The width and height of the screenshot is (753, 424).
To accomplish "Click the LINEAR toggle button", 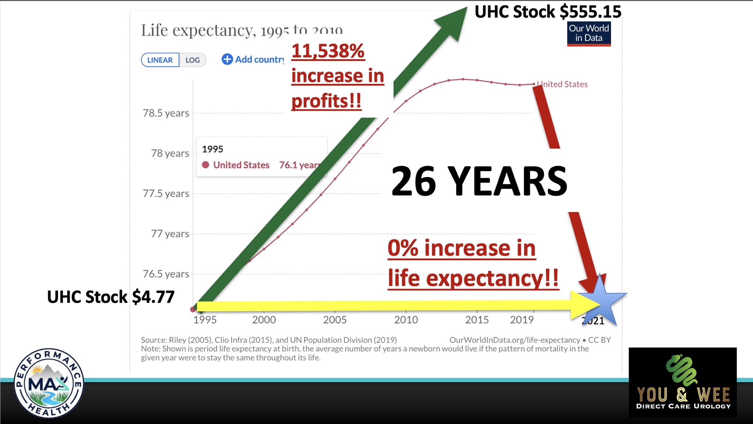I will click(160, 60).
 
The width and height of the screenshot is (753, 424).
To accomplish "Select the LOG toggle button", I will click(192, 60).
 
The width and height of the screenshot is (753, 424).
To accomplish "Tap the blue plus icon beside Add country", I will click(227, 59).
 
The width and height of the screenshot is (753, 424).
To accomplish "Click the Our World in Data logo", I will click(589, 34).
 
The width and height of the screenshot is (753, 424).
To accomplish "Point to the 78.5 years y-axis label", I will click(166, 113).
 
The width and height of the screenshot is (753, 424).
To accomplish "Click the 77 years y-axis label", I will click(170, 234).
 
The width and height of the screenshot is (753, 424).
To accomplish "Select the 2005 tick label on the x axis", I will click(335, 320).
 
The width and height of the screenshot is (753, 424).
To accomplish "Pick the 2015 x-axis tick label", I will click(477, 320).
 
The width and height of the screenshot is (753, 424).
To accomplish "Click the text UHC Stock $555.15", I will click(548, 12).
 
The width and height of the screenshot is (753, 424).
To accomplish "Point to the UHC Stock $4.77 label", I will click(111, 297).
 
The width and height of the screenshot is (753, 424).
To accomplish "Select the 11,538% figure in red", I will click(328, 51).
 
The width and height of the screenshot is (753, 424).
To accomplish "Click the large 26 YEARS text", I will click(479, 181).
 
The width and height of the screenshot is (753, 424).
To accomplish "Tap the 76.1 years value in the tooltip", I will click(299, 165).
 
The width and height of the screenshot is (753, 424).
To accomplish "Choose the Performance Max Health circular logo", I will click(49, 383).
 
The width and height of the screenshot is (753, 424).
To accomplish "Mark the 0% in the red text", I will click(403, 248).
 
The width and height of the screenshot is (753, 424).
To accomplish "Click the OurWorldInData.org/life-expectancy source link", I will click(514, 340).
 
